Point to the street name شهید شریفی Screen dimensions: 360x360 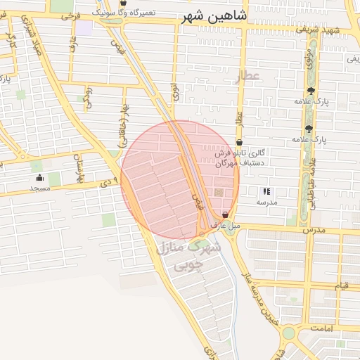335,30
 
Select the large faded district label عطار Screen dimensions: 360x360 247,77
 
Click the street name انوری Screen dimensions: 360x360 174,91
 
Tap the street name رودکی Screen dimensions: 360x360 87,98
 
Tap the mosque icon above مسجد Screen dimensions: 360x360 39,177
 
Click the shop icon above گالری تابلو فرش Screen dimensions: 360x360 239,142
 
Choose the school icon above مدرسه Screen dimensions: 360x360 266,191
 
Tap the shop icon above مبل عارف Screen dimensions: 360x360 225,214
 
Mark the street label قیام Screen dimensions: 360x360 340,285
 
